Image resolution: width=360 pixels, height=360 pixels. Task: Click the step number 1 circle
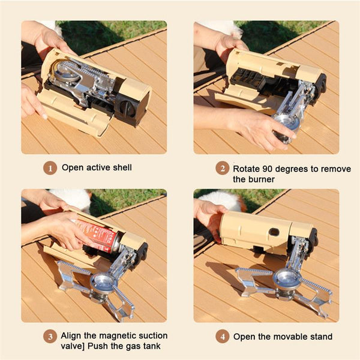pyautogui.click(x=50, y=168)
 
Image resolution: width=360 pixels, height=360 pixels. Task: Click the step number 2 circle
pyautogui.click(x=222, y=169)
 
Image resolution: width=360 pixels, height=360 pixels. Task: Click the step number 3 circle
pyautogui.click(x=50, y=336)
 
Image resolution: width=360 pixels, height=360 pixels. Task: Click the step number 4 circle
pyautogui.click(x=222, y=337)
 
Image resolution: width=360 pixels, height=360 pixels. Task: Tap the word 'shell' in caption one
pyautogui.click(x=120, y=168)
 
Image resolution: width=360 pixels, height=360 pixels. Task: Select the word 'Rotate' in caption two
pyautogui.click(x=247, y=169)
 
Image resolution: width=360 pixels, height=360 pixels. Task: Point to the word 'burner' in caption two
pyautogui.click(x=262, y=179)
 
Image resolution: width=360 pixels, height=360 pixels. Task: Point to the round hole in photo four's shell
pyautogui.click(x=274, y=231)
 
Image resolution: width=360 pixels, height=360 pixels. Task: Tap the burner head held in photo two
pyautogui.click(x=287, y=122)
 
